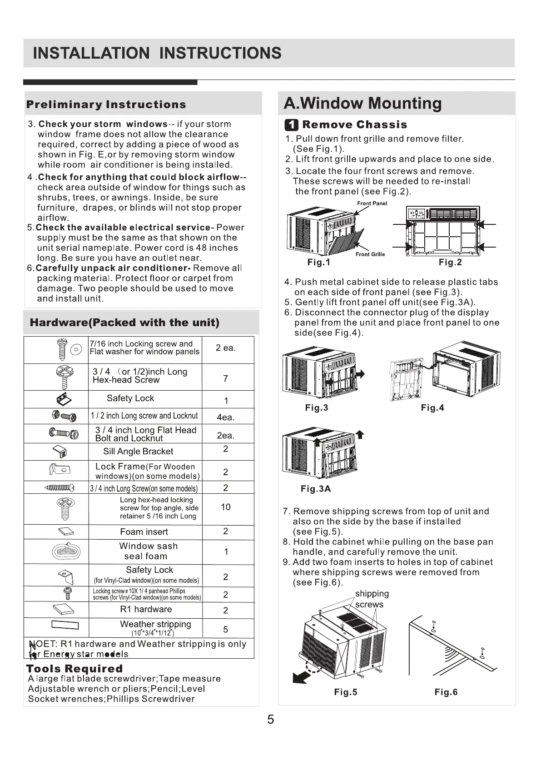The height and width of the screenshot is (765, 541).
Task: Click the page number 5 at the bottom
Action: (x=271, y=720)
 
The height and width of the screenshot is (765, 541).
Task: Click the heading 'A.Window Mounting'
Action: (x=362, y=103)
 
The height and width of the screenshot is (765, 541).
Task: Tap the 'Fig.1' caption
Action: (x=319, y=262)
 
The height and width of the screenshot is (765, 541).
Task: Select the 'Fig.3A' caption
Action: (x=316, y=489)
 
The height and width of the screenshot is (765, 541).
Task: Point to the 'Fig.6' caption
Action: (x=446, y=692)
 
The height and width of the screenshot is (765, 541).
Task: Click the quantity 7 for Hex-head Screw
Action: (x=226, y=378)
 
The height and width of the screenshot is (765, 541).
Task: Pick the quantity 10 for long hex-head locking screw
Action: (x=226, y=507)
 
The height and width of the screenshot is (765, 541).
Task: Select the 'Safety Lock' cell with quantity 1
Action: (x=130, y=398)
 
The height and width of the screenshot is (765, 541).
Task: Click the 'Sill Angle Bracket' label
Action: (x=138, y=452)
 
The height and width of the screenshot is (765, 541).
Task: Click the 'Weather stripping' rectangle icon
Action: (x=65, y=625)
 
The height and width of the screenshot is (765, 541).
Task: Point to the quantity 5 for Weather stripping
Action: (x=226, y=630)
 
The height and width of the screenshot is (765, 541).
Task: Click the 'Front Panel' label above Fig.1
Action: (x=372, y=204)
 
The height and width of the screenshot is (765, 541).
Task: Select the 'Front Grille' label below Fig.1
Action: (x=370, y=254)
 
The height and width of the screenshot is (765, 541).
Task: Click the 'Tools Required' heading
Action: (x=74, y=669)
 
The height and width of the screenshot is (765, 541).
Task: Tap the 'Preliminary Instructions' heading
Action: (x=106, y=104)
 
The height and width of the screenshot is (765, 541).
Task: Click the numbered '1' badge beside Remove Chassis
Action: (x=291, y=125)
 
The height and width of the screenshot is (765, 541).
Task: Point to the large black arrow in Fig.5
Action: (x=301, y=676)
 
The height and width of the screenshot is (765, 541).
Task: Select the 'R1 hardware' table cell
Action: (x=146, y=610)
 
